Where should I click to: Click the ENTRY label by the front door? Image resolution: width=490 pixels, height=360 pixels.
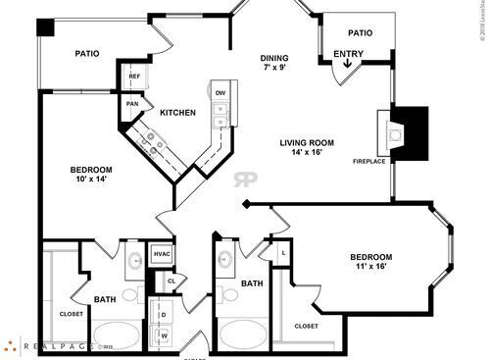(x=348, y=54)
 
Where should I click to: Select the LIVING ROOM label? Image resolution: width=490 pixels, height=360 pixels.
(x=307, y=142)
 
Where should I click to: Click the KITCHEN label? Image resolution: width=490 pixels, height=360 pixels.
(x=177, y=113)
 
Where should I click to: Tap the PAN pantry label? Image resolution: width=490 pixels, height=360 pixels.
(x=130, y=103)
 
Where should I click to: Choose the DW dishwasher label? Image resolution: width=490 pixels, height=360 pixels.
(x=220, y=93)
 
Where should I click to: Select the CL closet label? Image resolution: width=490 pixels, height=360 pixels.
(x=171, y=281)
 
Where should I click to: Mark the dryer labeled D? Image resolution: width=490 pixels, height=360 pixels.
(x=163, y=315)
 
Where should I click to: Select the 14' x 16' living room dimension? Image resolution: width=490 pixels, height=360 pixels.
(x=307, y=154)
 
